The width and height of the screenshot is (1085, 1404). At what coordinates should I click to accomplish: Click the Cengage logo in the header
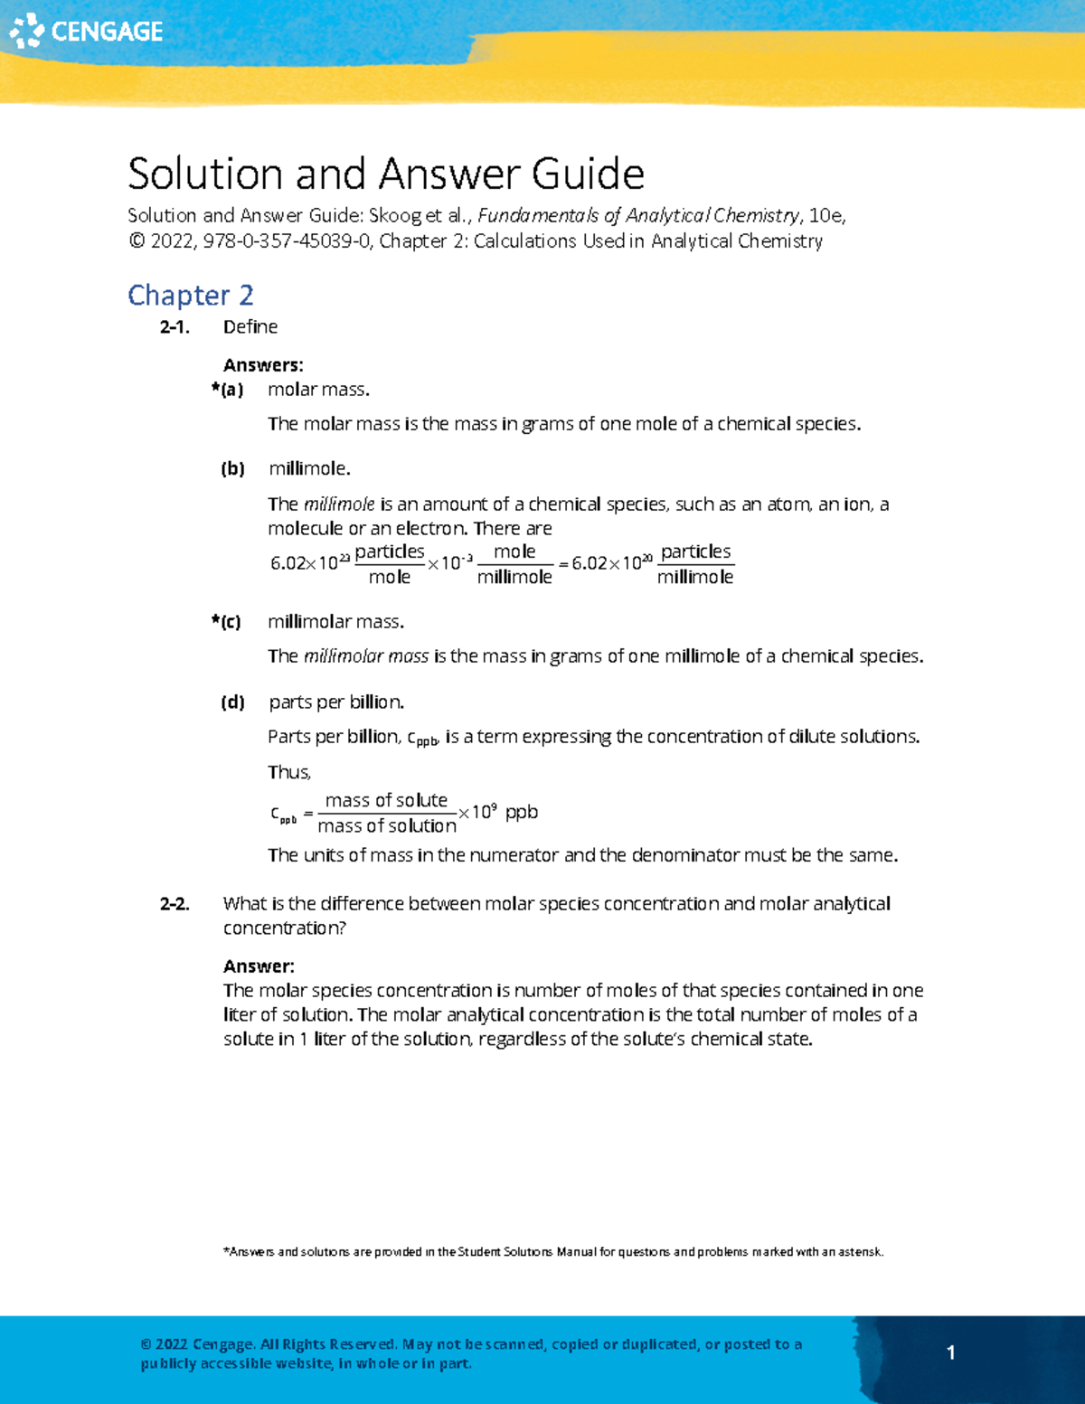(x=86, y=31)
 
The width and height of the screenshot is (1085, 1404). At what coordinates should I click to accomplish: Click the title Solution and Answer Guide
(x=385, y=174)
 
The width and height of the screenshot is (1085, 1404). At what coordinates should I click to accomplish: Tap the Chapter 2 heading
(x=190, y=295)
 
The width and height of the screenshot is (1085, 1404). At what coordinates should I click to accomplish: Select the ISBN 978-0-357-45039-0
(x=287, y=241)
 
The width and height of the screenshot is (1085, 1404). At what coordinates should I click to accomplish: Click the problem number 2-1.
(x=175, y=327)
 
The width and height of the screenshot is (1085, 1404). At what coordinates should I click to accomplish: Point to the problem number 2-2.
(x=175, y=904)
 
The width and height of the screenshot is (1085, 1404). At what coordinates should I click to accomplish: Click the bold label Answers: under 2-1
(x=263, y=365)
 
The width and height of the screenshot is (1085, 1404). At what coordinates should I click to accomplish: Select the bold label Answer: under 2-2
(x=259, y=966)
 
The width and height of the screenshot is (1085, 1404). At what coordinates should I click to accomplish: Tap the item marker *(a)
(x=227, y=390)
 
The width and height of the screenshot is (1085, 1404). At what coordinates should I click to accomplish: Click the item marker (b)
(x=232, y=468)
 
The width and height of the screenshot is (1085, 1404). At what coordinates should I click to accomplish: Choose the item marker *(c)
(x=226, y=622)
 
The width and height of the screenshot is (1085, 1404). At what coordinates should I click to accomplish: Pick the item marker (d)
(x=232, y=702)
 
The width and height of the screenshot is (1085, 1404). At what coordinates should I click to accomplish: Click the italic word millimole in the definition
(x=338, y=504)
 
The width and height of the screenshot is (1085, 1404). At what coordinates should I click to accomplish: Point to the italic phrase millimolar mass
(x=365, y=656)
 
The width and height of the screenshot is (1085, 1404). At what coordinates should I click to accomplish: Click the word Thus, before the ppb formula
(x=289, y=772)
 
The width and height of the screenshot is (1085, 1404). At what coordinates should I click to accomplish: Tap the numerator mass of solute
(x=386, y=800)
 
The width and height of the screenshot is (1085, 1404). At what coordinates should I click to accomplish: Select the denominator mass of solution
(x=387, y=825)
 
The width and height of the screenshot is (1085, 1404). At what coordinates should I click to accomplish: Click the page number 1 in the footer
(x=950, y=1352)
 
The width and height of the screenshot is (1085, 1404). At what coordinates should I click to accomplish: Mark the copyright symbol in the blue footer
(x=146, y=1344)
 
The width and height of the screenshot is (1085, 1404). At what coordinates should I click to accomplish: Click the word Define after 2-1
(x=250, y=327)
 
